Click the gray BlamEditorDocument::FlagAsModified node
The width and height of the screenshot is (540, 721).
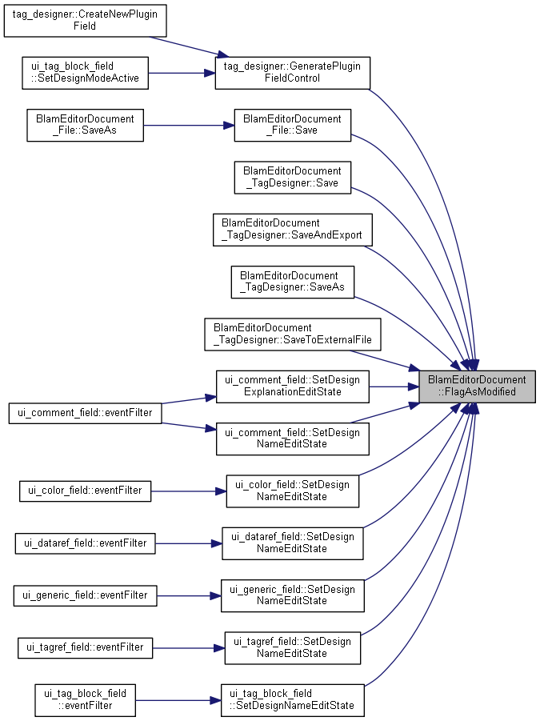coord(477,387)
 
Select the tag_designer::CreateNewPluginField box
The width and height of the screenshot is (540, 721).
coord(85,21)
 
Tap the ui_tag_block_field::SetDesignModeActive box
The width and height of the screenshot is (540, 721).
coord(85,73)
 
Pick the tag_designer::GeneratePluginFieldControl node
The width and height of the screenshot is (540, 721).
coord(292,73)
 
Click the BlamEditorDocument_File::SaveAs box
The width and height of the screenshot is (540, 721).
coord(85,125)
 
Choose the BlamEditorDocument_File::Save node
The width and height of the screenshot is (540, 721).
coord(292,125)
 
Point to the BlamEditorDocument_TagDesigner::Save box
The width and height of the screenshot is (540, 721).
coord(292,177)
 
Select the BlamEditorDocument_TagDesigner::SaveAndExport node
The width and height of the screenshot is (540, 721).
coord(292,230)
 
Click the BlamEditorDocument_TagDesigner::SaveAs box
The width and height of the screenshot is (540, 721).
coord(292,282)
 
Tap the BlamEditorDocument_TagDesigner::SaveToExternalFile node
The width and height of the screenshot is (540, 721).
coord(292,334)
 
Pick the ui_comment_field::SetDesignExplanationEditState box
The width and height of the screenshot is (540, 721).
coord(292,387)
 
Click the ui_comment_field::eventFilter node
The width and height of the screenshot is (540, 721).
coord(85,413)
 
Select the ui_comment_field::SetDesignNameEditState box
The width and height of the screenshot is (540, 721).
coord(292,439)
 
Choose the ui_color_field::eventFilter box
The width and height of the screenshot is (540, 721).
coord(85,491)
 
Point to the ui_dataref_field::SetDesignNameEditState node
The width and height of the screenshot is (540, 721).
coord(292,543)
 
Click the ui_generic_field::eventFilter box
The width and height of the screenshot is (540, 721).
coord(85,595)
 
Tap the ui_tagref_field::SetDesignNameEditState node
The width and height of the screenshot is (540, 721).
coord(292,648)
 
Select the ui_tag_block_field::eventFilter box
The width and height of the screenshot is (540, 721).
coord(85,700)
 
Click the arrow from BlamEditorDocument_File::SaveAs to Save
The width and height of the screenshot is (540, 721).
coord(189,125)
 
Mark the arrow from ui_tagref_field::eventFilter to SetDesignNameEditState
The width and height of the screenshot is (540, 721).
coord(189,648)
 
